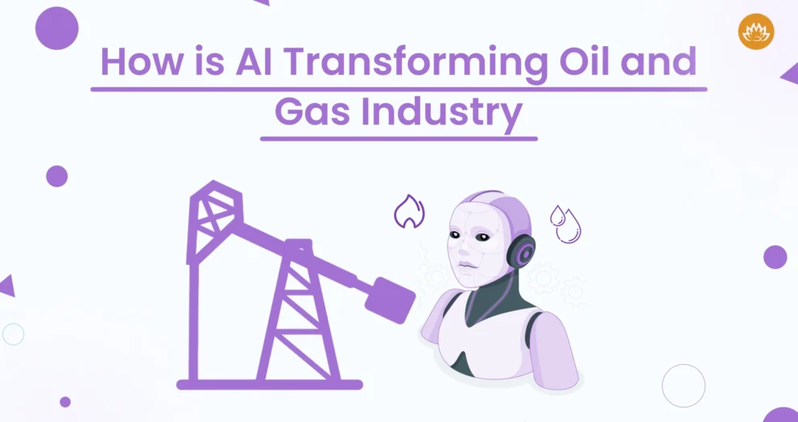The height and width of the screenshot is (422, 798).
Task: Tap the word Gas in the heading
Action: click(x=312, y=113)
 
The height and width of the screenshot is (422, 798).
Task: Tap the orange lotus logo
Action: click(x=756, y=31)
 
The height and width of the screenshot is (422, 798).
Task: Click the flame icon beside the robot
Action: click(x=409, y=211)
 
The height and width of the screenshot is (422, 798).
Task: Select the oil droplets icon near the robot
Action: click(x=565, y=224)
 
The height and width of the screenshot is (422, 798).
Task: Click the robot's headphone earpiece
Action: click(x=521, y=251)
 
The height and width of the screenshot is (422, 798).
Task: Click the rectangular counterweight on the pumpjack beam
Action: click(x=391, y=300)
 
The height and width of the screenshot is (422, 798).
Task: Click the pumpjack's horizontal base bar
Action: click(x=270, y=384)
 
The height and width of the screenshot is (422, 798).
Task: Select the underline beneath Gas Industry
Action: click(x=399, y=139)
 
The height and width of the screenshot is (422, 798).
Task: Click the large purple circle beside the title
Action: click(x=57, y=28)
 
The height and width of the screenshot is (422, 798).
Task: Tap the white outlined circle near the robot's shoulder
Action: click(x=684, y=386)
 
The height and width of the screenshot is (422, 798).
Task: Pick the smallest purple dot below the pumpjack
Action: click(x=65, y=402)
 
